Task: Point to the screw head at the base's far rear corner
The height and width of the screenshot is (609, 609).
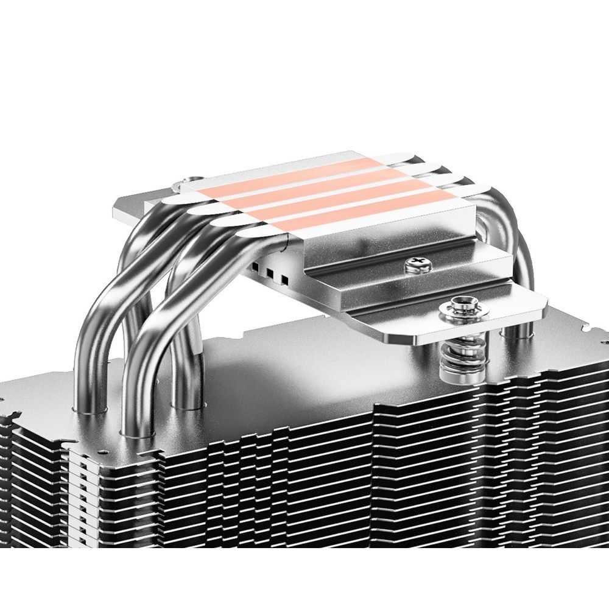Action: click(x=190, y=180)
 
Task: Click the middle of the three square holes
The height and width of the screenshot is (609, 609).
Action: click(x=269, y=274)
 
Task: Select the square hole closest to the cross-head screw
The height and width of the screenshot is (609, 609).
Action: click(x=284, y=280)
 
